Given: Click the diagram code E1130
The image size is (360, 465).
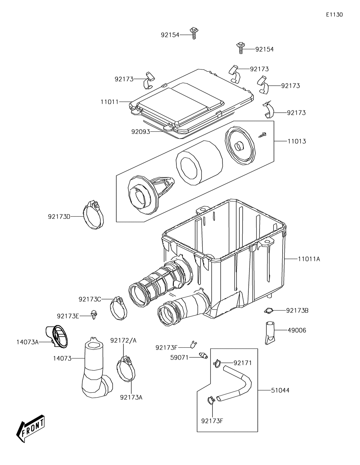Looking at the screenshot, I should click(x=334, y=15).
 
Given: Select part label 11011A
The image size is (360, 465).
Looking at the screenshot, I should click(x=309, y=259).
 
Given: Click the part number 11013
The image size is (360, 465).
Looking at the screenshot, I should click(x=297, y=141).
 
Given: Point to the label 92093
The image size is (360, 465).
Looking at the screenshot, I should click(x=140, y=132).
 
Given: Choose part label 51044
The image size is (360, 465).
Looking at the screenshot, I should click(x=280, y=390).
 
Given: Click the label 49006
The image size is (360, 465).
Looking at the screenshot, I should click(x=297, y=330).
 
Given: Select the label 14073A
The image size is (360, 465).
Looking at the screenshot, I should click(x=27, y=342).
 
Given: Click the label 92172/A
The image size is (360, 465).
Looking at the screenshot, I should click(x=123, y=340).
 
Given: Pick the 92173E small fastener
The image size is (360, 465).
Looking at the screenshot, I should click(x=94, y=314).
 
